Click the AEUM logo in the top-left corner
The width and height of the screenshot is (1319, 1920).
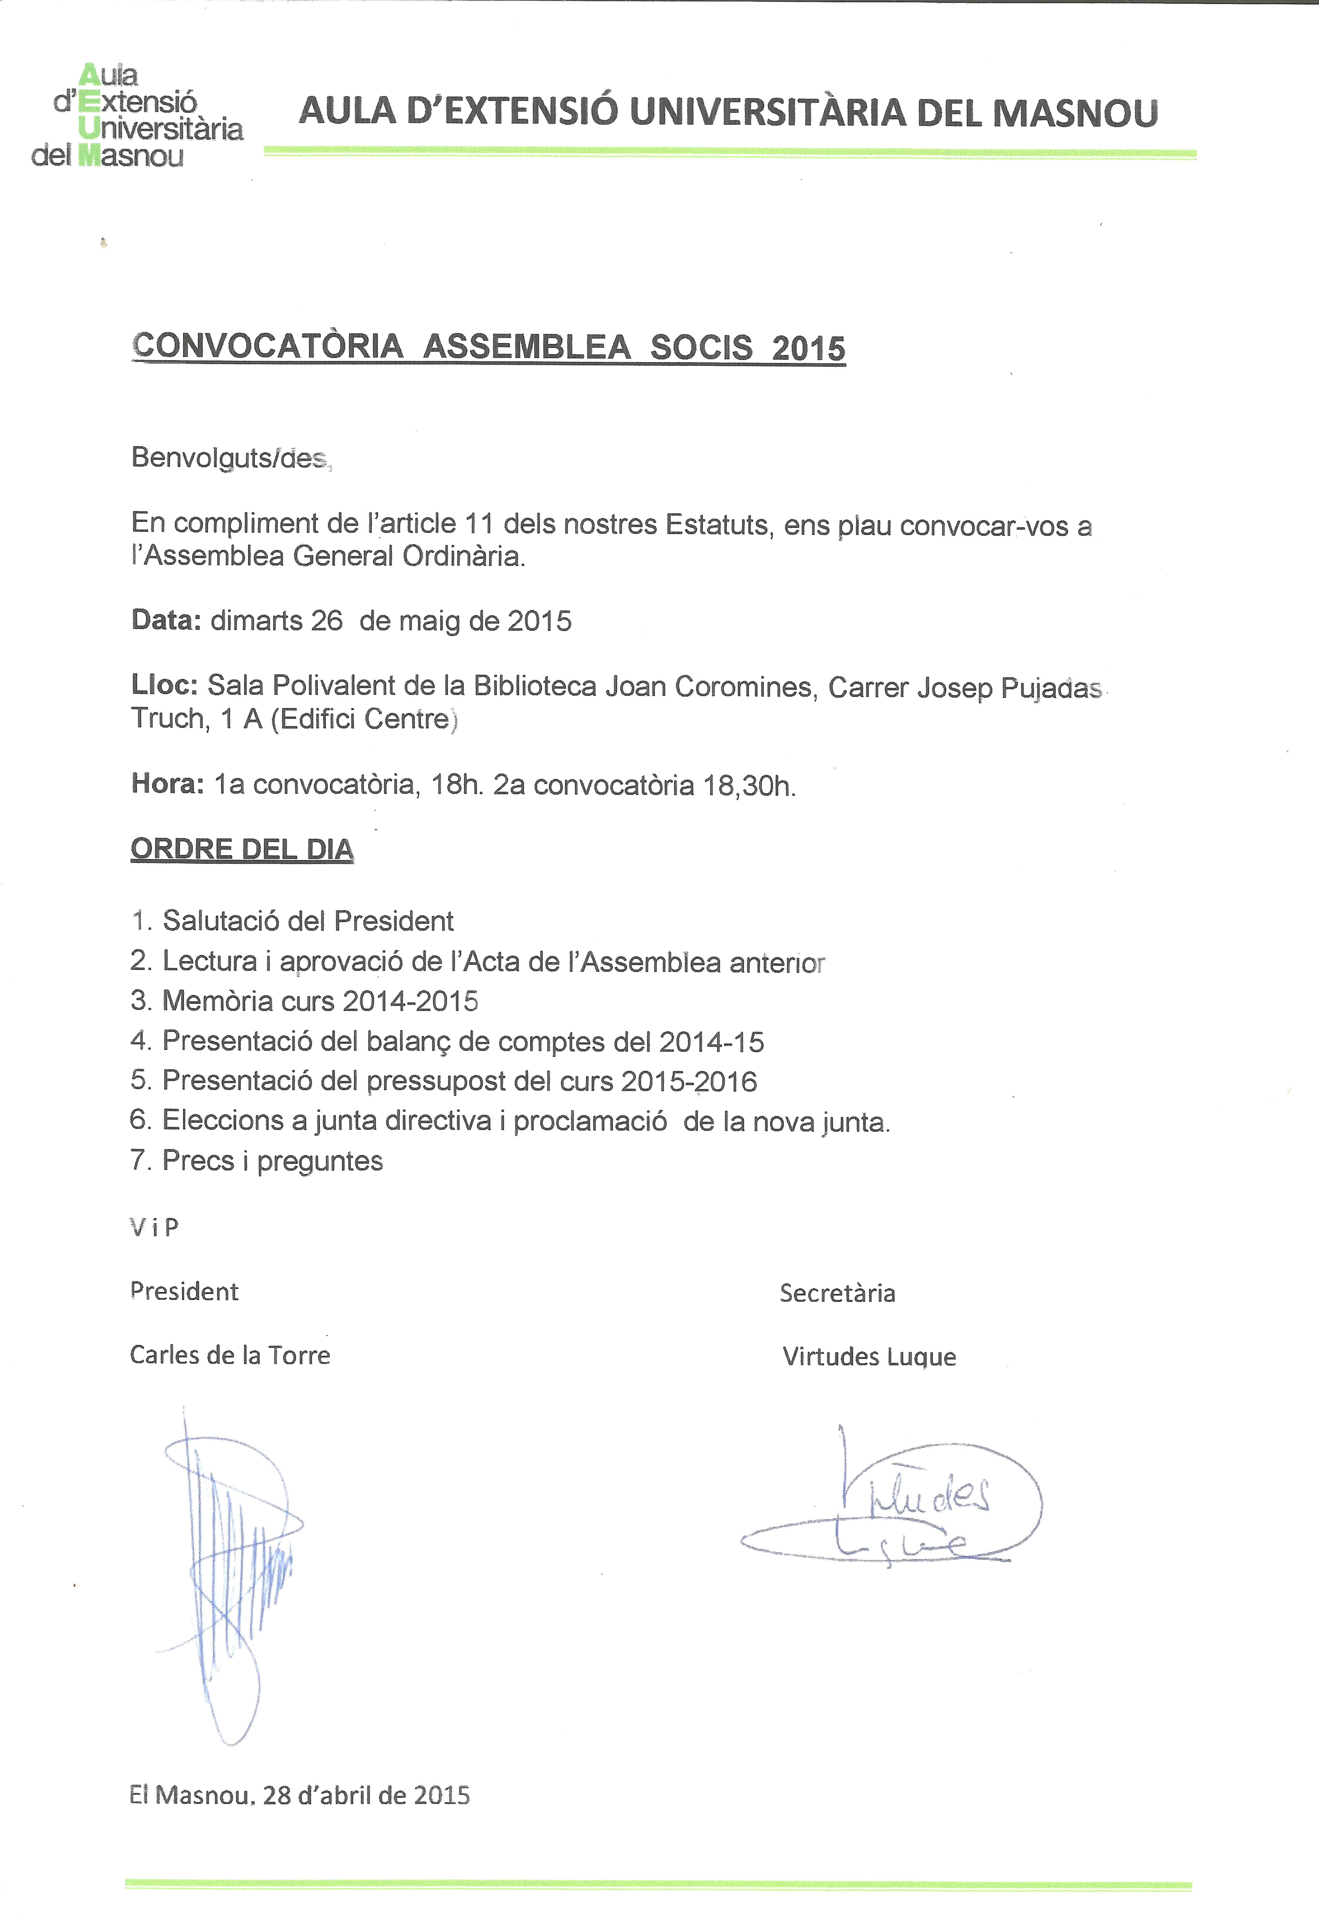[x=136, y=116]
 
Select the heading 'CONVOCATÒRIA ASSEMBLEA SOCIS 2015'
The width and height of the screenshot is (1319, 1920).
[x=488, y=347]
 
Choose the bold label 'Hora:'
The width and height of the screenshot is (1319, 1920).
[x=167, y=783]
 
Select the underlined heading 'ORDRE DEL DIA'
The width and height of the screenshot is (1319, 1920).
[x=242, y=849]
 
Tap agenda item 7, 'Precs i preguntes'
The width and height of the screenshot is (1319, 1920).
[x=257, y=1161]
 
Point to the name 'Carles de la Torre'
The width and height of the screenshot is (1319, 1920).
[x=230, y=1355]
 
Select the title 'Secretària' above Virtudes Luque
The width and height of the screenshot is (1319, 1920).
[x=837, y=1293]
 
